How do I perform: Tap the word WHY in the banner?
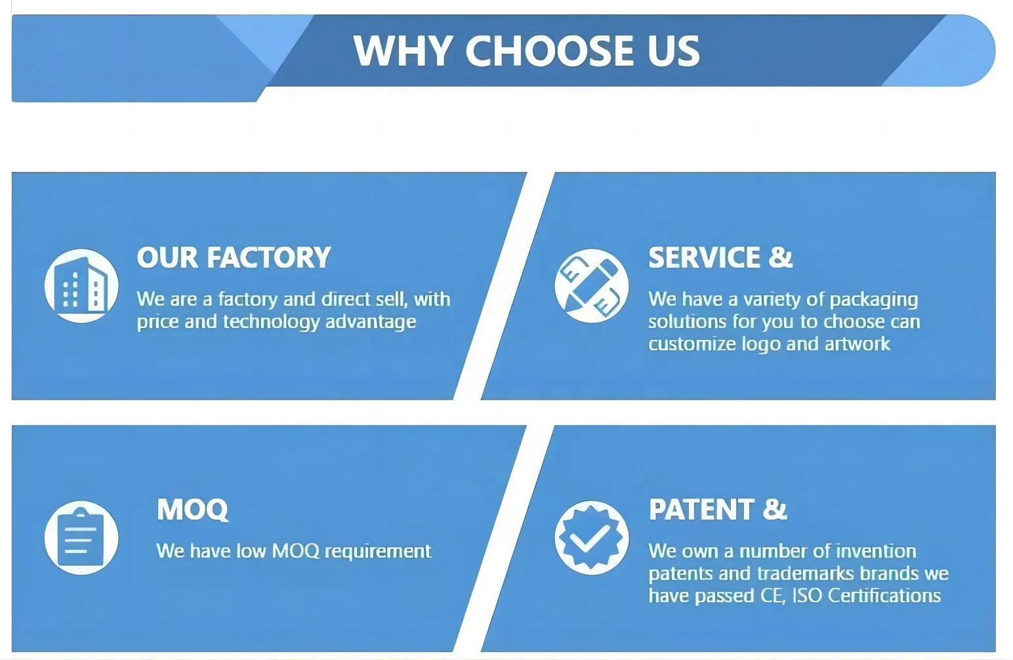pyautogui.click(x=403, y=51)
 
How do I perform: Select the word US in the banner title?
pyautogui.click(x=673, y=51)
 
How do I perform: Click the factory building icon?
pyautogui.click(x=81, y=285)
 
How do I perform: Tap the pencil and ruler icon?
pyautogui.click(x=592, y=285)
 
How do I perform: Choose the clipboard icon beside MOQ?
pyautogui.click(x=81, y=537)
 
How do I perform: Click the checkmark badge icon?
pyautogui.click(x=592, y=537)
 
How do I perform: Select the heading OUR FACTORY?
pyautogui.click(x=234, y=257)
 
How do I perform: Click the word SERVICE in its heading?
pyautogui.click(x=704, y=257)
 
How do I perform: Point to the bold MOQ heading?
pyautogui.click(x=192, y=510)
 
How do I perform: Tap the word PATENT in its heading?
pyautogui.click(x=701, y=509)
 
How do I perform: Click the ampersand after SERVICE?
pyautogui.click(x=781, y=257)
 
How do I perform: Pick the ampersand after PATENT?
pyautogui.click(x=775, y=509)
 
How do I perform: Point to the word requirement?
pyautogui.click(x=378, y=552)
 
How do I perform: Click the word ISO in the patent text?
pyautogui.click(x=807, y=596)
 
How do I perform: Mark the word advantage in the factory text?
pyautogui.click(x=371, y=323)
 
